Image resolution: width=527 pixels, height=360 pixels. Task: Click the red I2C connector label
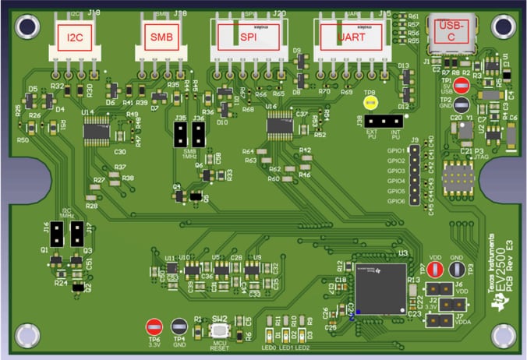point(76,37)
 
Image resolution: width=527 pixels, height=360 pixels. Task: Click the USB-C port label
point(453,30)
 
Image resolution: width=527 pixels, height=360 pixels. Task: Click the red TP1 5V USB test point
point(462,86)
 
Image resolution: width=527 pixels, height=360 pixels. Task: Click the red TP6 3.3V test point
point(154,326)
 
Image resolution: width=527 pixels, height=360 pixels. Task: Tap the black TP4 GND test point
point(179,326)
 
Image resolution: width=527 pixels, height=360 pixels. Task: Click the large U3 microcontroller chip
point(379,288)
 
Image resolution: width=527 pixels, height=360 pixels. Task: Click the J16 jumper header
point(58,233)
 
